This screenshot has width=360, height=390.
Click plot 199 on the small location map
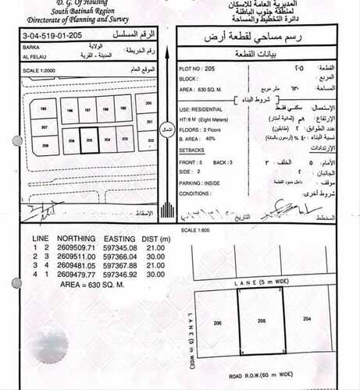click(124, 109)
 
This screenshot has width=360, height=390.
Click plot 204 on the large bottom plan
click(307, 320)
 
